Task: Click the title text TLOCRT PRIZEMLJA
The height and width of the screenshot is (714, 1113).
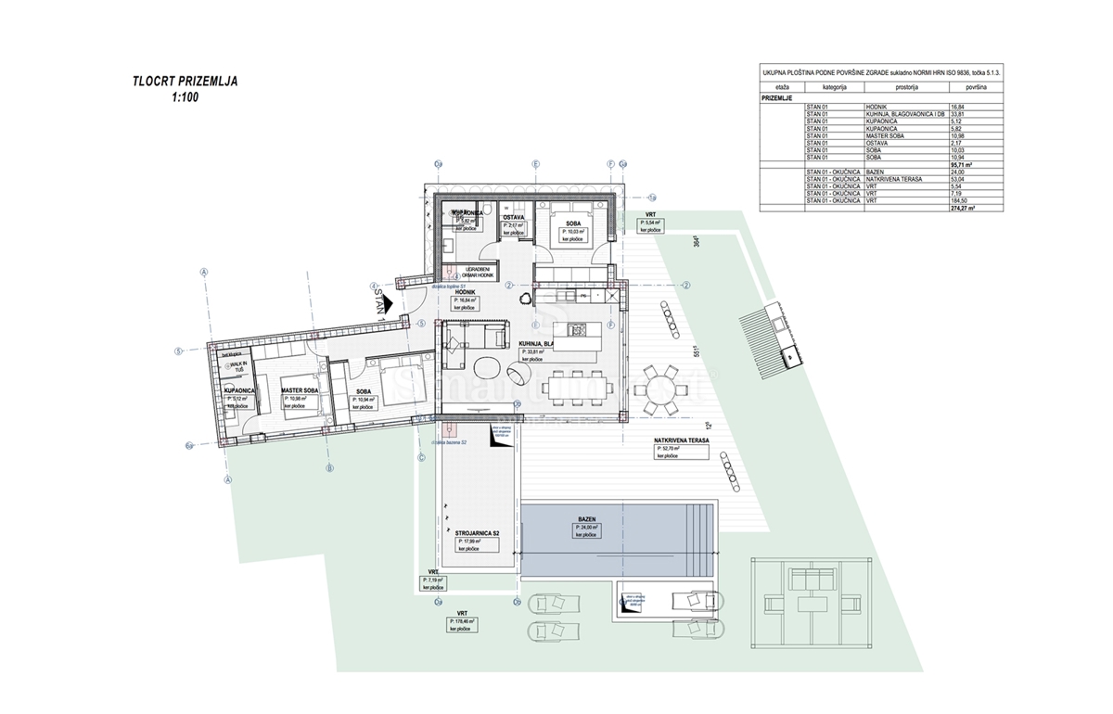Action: click(x=185, y=82)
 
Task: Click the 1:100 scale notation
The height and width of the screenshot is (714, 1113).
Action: click(x=185, y=96)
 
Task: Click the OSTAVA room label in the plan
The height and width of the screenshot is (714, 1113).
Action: click(x=514, y=217)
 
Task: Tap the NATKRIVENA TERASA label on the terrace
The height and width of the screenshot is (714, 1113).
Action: click(x=682, y=441)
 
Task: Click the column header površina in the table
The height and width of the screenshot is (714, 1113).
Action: click(x=976, y=86)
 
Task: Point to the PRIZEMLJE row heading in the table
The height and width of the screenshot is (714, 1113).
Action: click(x=780, y=96)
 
